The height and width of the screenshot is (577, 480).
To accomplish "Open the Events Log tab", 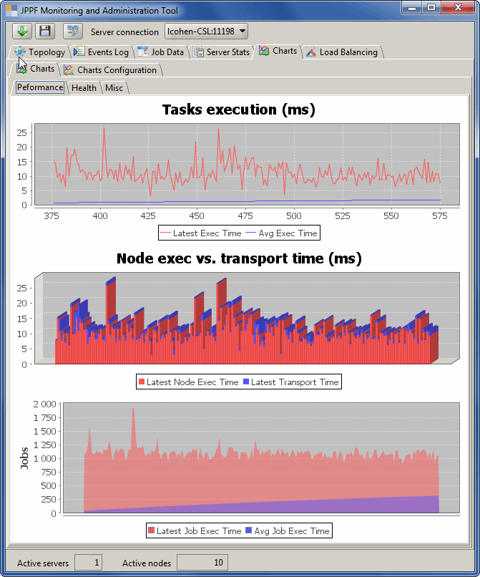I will [x=102, y=52].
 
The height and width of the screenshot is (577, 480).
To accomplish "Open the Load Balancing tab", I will [x=343, y=52].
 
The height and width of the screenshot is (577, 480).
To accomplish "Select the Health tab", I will [x=84, y=87].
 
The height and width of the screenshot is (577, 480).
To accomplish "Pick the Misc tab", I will [x=114, y=87].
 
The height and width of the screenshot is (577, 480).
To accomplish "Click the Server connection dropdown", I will [x=207, y=31].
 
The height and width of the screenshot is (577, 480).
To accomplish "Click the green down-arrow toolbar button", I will [x=22, y=31].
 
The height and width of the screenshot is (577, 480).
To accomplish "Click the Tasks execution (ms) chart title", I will [x=239, y=110].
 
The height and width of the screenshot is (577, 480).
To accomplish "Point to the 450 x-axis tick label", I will [x=197, y=215].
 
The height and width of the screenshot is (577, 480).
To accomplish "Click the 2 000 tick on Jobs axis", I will [x=42, y=404].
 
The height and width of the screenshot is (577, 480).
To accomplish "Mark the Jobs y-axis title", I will [x=25, y=458].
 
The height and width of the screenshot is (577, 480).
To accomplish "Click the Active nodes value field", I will [x=202, y=563].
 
